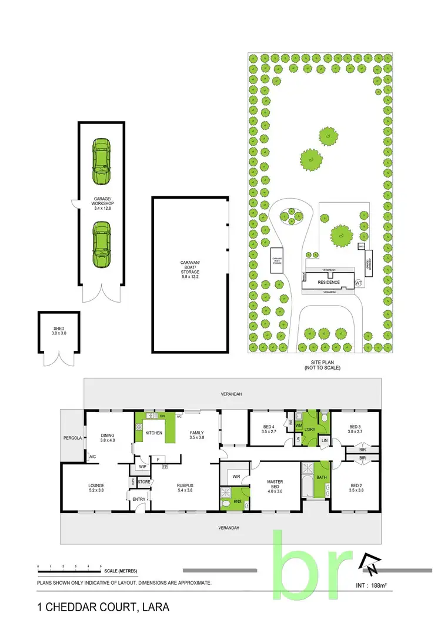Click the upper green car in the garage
point(101,162)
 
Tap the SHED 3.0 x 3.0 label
point(58,331)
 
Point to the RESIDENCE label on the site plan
point(329,283)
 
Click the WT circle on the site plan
point(358,283)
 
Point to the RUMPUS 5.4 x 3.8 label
point(186,487)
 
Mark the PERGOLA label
point(73,438)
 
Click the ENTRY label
point(139,499)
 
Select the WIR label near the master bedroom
point(236,477)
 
